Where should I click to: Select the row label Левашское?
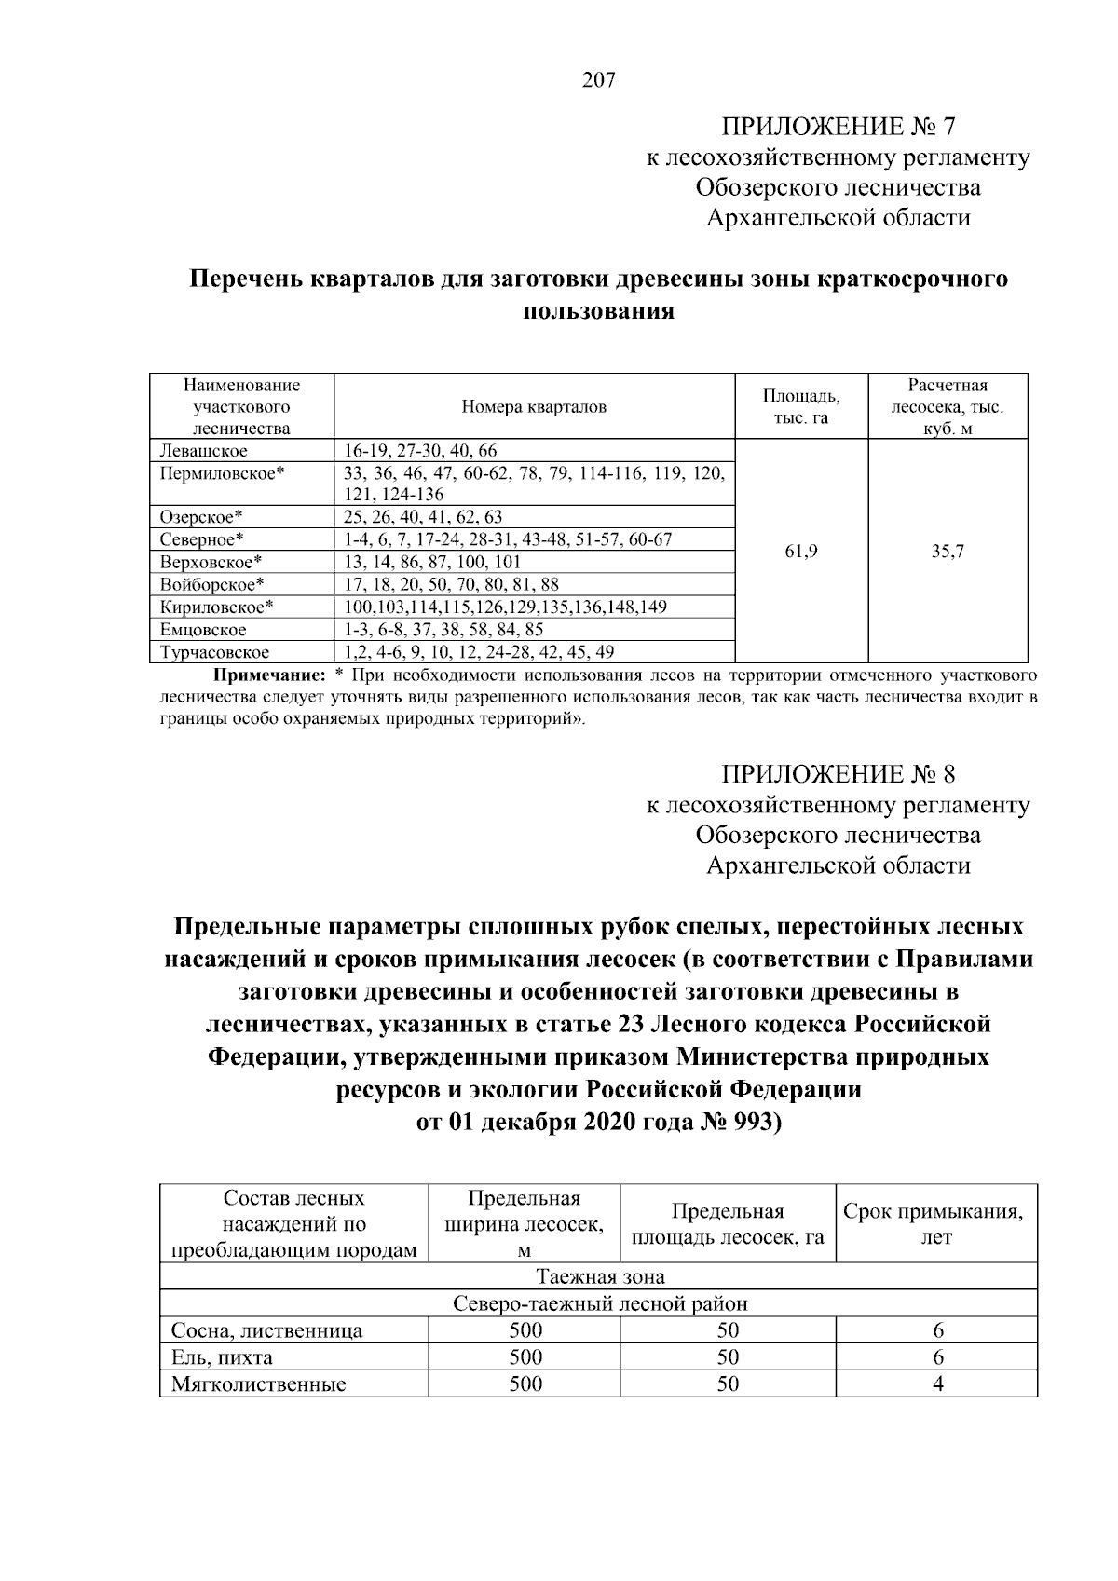coord(203,451)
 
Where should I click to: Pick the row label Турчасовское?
coord(215,652)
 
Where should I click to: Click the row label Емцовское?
coord(203,630)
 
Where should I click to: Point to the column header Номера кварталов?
coord(534,406)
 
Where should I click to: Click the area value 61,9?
coord(801,551)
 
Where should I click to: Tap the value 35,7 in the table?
coord(948,551)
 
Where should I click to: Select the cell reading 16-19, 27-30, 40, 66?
coord(421,451)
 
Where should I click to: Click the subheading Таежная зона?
coord(599,1276)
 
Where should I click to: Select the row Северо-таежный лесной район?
coord(599,1303)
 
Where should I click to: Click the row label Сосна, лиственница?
coord(266,1330)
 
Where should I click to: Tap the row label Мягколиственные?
coord(258,1384)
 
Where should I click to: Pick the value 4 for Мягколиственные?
coord(938,1384)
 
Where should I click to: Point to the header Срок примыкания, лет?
coord(937,1224)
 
